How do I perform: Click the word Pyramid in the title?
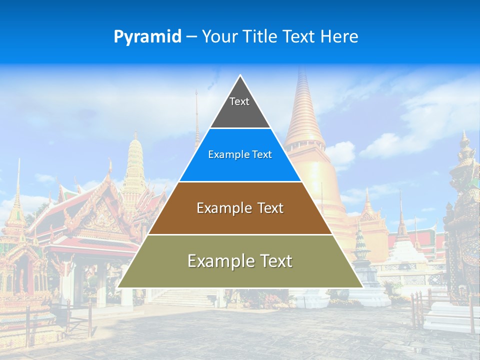(x=147, y=37)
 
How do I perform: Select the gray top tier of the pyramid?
(x=240, y=107)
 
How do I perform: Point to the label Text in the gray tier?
(x=239, y=101)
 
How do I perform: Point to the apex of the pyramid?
(x=240, y=75)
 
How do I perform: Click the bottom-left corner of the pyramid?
(x=118, y=287)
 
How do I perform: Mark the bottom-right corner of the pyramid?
(x=362, y=287)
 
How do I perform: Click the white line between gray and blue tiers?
(x=240, y=128)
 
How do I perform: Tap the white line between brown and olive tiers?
(x=240, y=234)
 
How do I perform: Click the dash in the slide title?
(x=191, y=37)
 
